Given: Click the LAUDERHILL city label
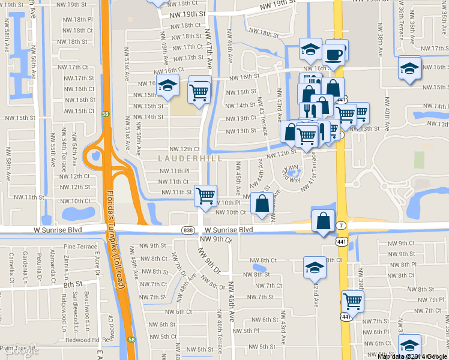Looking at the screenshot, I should coord(190,158).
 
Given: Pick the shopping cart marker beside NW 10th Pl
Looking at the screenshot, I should coord(205,195).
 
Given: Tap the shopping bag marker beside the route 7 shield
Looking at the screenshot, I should coord(323,221).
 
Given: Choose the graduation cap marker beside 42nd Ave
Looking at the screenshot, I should coord(314,267).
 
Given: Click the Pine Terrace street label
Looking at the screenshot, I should coord(80,246).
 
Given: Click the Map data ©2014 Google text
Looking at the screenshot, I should coord(412,356).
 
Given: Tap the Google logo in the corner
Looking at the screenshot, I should coord(19,352).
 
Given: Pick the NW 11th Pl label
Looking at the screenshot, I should coord(175,171).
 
